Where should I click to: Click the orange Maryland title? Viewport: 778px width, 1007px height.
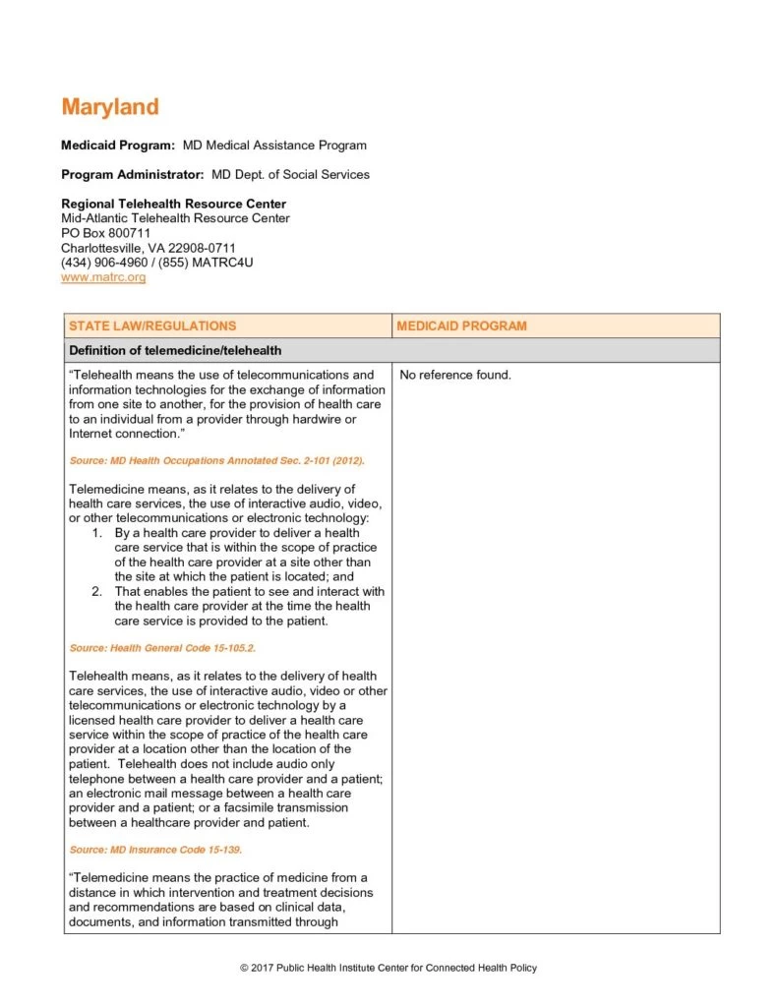click(109, 106)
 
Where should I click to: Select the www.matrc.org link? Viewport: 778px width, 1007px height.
click(103, 277)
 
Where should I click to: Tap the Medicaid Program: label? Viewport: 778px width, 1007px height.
click(118, 146)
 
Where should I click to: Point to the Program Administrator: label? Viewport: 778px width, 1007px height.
click(133, 175)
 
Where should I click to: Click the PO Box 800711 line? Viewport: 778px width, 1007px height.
click(105, 233)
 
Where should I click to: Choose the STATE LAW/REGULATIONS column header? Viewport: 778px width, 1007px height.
click(152, 326)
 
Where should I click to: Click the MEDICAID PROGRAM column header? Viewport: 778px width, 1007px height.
click(460, 326)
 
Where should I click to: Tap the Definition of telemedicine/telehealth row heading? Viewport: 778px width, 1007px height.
click(175, 350)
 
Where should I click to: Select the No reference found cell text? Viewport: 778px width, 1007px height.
click(455, 375)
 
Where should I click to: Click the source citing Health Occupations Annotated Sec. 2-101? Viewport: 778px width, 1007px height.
click(217, 460)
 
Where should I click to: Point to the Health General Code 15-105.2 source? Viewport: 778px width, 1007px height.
click(162, 648)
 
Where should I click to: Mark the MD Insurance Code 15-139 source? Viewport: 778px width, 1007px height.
click(155, 849)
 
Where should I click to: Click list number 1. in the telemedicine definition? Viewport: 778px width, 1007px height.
click(97, 533)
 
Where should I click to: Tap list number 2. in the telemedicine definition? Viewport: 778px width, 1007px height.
click(97, 592)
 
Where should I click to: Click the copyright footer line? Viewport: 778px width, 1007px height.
click(389, 969)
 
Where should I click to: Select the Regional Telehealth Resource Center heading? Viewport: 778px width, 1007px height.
click(173, 205)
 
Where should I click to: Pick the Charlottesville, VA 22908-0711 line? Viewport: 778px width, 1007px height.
click(148, 248)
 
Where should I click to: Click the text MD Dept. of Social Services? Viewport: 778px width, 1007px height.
click(290, 175)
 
